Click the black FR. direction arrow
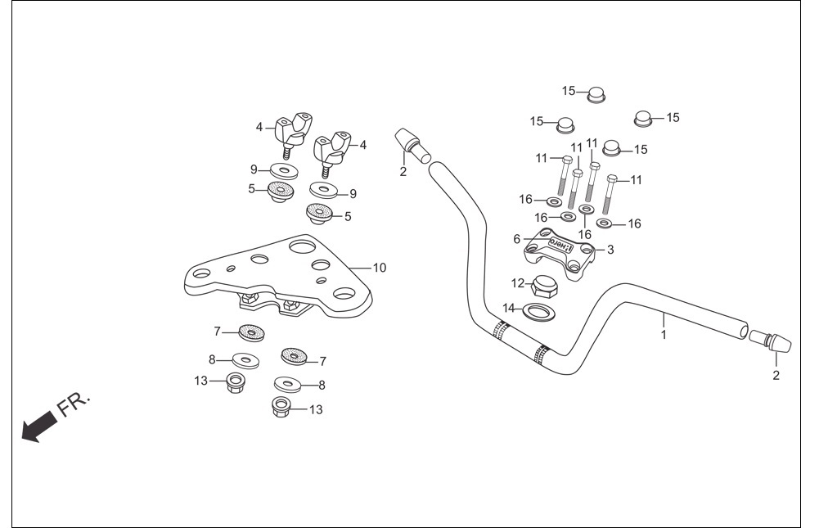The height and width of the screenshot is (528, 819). point(39,426)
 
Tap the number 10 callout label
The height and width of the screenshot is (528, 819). point(379,268)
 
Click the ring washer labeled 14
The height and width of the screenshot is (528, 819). point(538,312)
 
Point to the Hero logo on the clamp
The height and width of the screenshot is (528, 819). point(561,245)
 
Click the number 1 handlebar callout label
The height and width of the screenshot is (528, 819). point(664,334)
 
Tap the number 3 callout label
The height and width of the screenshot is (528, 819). point(610,250)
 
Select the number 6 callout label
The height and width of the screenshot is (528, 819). point(516,239)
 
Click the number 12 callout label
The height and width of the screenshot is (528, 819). point(518,283)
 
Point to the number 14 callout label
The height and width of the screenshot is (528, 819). point(509,309)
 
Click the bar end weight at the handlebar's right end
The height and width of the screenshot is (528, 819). point(771,342)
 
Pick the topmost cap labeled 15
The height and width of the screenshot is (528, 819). point(596,95)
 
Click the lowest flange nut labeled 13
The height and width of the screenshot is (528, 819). point(282,407)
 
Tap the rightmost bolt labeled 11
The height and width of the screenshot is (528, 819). point(610,194)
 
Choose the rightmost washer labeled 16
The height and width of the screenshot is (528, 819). point(605,223)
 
